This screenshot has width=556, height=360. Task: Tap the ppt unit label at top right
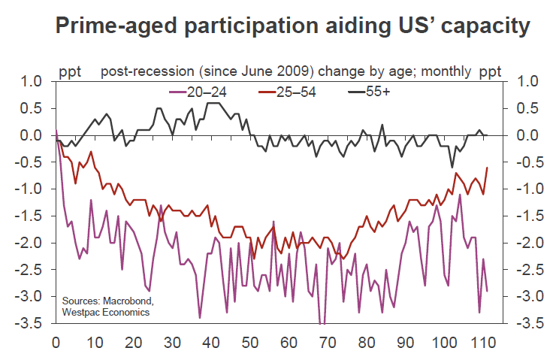(491, 72)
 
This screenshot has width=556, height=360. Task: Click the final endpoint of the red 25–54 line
(488, 168)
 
